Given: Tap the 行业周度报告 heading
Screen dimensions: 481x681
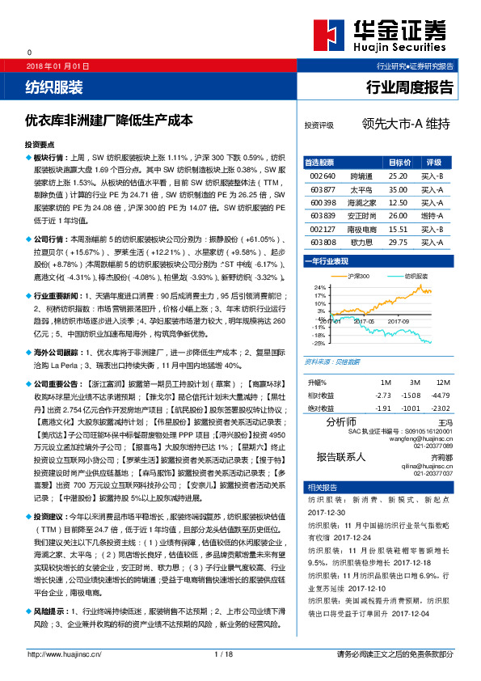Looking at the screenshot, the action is [410, 87].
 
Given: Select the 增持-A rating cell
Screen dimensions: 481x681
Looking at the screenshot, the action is [432, 216].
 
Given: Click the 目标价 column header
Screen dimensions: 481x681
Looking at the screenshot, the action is [399, 163].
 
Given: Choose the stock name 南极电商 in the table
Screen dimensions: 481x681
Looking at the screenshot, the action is [361, 229].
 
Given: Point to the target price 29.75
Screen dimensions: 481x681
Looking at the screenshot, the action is [397, 242].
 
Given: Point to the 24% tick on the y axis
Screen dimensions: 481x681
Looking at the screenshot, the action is [319, 287].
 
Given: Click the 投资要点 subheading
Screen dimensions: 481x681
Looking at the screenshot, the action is [40, 142].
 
